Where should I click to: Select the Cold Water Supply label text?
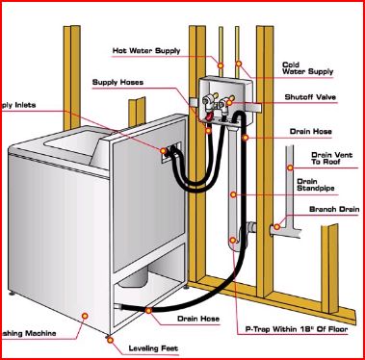pos(306,68)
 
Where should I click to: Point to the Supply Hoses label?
pos(117,82)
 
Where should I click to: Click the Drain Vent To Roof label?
pos(329,158)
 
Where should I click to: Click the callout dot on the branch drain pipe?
pos(275,227)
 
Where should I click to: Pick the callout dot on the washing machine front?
pos(86,314)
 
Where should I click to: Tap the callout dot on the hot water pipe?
pos(221,65)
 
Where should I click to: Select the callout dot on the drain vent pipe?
pos(289,167)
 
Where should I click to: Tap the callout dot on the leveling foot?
pos(104,339)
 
